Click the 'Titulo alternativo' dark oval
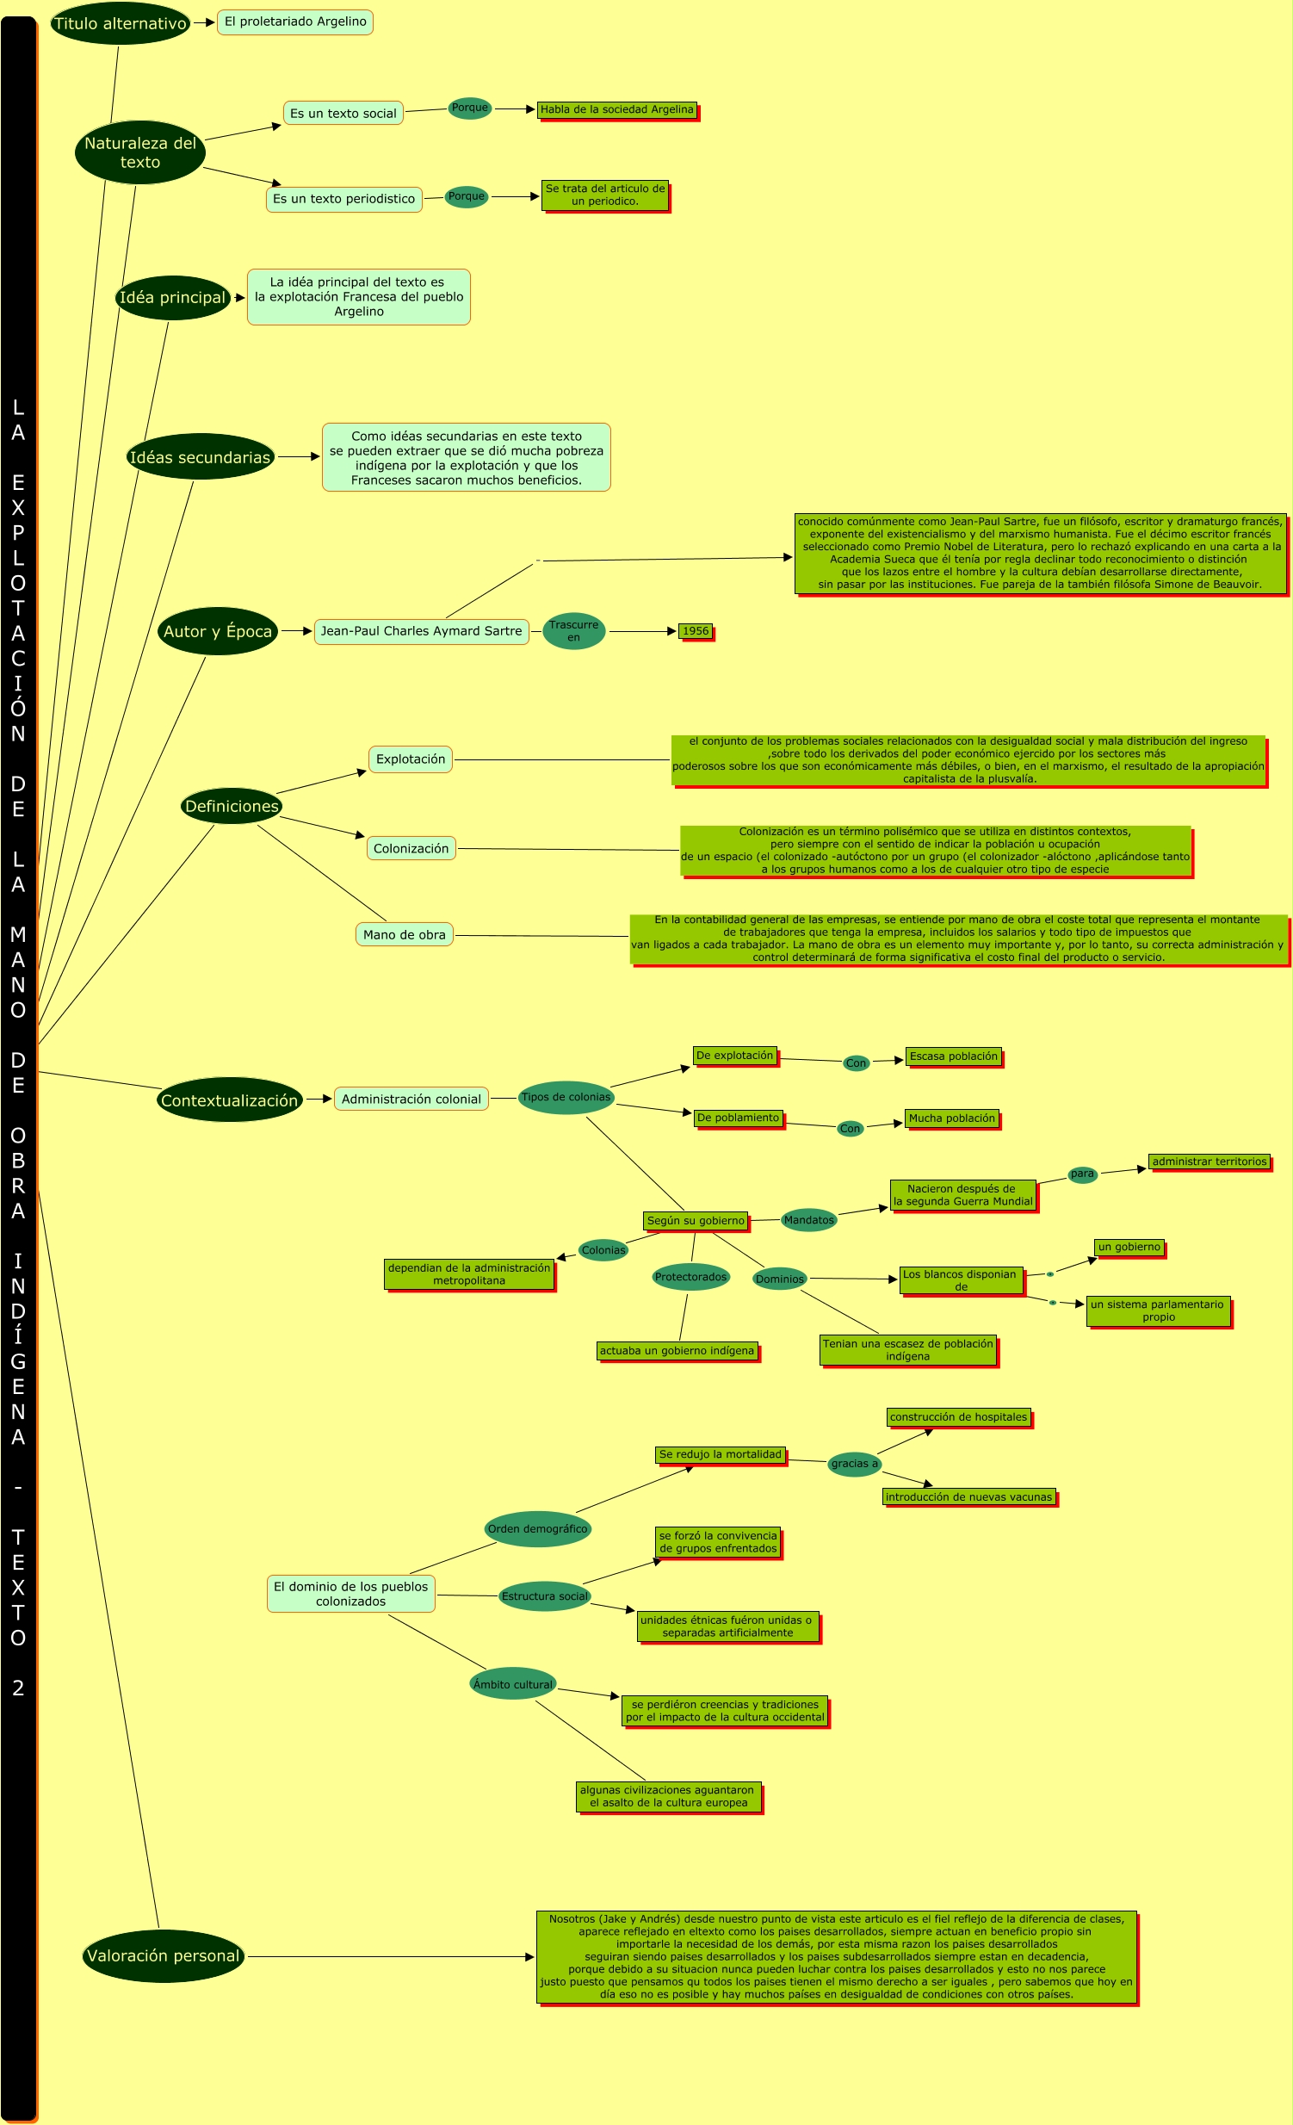coord(120,23)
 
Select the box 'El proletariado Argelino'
coord(294,22)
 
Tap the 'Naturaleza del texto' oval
coord(139,152)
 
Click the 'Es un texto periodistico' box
coord(344,199)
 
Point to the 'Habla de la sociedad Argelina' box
coord(616,109)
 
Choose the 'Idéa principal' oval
coord(172,298)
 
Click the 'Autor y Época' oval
coord(217,631)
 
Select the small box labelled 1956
coord(695,631)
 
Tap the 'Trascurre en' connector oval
coord(573,631)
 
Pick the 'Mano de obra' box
coord(405,935)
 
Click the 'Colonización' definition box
coord(411,849)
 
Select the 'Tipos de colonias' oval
coord(566,1098)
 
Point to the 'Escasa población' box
coord(953,1056)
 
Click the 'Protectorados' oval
coord(690,1277)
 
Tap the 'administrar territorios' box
coord(1209,1162)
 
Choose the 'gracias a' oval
coord(854,1464)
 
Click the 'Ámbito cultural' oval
coord(513,1684)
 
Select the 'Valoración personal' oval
coord(163,1956)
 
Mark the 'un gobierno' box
coord(1129,1247)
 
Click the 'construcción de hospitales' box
coord(958,1417)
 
